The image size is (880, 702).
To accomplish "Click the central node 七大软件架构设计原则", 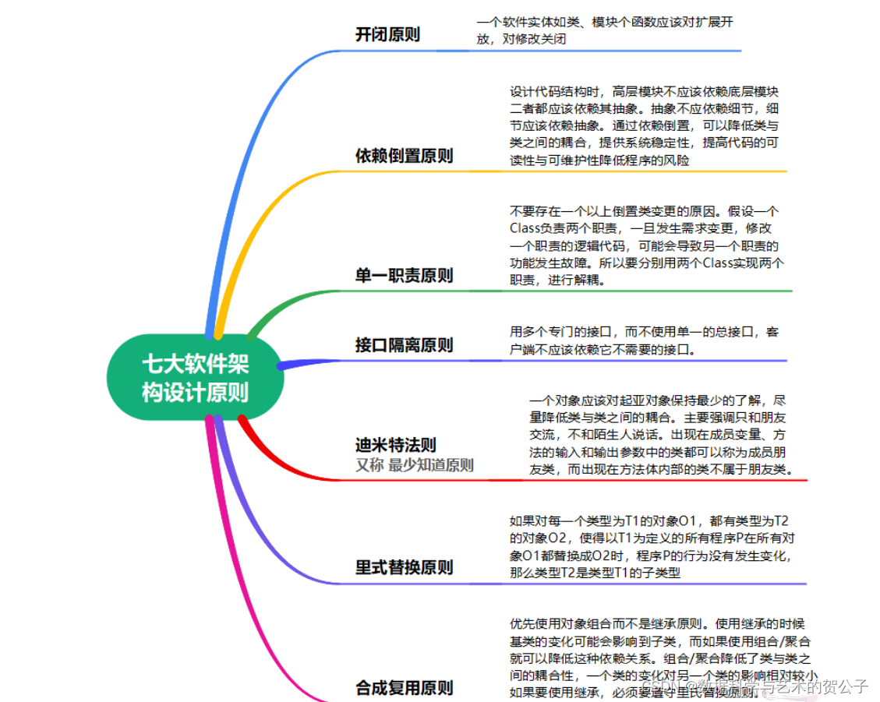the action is click(195, 377).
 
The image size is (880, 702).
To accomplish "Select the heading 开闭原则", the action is click(387, 34).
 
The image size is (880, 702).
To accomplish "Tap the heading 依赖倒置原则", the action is click(404, 156).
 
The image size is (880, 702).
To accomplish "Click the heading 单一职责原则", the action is click(404, 276).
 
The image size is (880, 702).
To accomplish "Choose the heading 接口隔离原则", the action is click(404, 344).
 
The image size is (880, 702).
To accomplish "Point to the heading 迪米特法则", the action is click(396, 445).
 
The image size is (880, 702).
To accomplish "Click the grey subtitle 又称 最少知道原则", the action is click(414, 465).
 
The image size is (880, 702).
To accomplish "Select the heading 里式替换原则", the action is click(404, 566).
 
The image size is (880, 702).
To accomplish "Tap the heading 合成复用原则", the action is click(404, 687).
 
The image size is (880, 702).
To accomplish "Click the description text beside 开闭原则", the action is click(604, 30).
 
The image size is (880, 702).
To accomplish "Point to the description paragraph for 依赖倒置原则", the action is click(644, 125).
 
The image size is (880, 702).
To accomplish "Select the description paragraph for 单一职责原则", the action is click(646, 245).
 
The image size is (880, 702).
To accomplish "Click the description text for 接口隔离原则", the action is click(643, 340).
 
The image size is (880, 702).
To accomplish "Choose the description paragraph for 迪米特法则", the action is click(661, 435).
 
